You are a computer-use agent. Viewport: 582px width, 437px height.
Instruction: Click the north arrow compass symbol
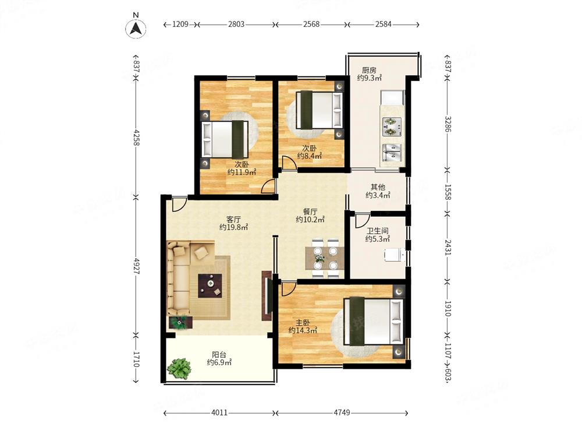point(136,28)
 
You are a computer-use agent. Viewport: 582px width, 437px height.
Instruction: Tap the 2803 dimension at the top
point(236,24)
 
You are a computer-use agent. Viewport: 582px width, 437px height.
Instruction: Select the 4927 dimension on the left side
point(136,266)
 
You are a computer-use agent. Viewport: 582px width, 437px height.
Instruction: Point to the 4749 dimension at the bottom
point(342,413)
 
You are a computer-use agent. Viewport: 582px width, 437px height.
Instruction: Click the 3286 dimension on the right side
point(448,124)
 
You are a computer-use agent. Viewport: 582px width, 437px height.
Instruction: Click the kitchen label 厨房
point(369,71)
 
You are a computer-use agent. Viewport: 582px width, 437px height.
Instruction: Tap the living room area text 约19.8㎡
point(233,227)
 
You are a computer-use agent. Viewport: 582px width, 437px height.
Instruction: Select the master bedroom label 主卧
point(303,323)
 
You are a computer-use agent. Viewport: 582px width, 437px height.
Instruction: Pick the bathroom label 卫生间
point(378,231)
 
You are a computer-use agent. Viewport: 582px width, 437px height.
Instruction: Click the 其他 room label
point(378,187)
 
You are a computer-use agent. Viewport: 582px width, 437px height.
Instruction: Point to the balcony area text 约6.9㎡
point(219,362)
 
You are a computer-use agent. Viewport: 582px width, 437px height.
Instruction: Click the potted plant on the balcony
point(179,368)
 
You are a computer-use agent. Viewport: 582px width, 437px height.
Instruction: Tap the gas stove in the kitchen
point(392,126)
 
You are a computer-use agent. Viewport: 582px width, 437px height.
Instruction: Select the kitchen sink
point(392,153)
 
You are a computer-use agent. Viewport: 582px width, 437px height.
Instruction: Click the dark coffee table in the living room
point(210,286)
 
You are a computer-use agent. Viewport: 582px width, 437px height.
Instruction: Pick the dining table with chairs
point(325,258)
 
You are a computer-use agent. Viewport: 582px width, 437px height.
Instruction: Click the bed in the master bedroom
point(373,322)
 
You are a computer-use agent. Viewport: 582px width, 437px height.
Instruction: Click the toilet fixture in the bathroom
point(394,255)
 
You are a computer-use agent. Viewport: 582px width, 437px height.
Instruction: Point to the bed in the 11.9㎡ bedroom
point(225,139)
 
